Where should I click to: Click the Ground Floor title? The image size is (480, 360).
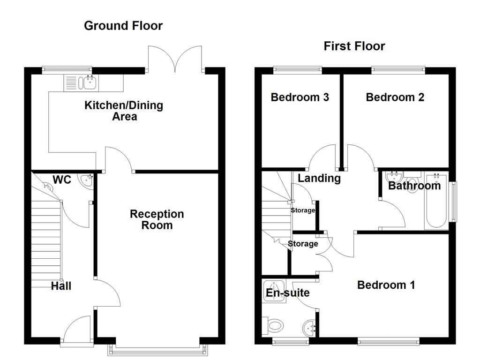point(123,26)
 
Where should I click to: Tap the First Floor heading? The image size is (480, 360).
point(354,46)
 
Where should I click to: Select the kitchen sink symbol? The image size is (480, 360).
point(81,83)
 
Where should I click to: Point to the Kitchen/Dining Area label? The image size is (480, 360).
point(124,111)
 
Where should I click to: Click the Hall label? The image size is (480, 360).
point(61,285)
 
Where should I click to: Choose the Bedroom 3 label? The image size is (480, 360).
point(300,97)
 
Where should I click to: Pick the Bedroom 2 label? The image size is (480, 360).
point(395,97)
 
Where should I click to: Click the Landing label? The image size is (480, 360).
point(319,178)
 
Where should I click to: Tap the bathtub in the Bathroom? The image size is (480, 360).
point(436,204)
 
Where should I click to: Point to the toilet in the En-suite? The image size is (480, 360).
point(274,324)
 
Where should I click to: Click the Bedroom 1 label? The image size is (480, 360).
point(386,285)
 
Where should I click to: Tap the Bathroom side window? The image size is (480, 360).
point(453,202)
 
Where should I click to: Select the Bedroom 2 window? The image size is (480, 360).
point(398,70)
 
